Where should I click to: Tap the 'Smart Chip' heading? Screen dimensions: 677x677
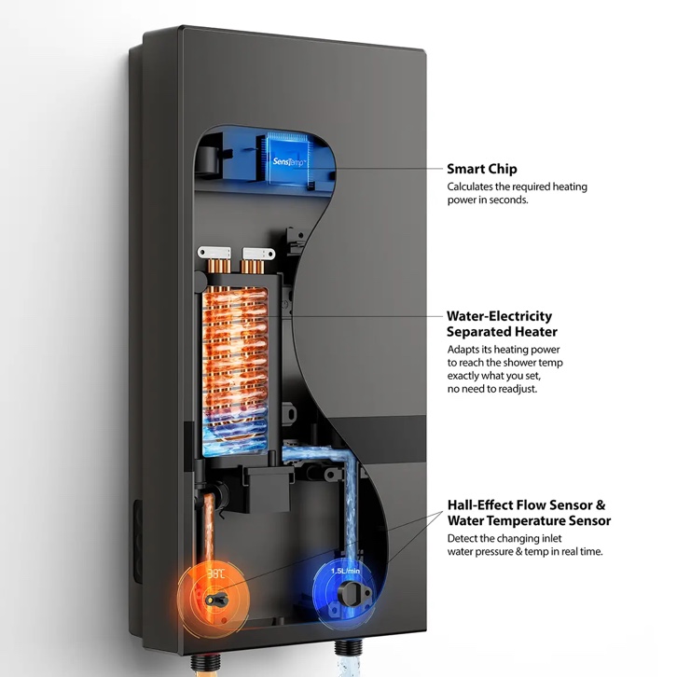click(482, 169)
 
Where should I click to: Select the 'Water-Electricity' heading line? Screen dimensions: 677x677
click(499, 316)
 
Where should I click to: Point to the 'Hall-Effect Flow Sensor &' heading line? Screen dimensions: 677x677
click(526, 504)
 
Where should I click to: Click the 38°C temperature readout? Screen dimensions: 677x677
click(216, 573)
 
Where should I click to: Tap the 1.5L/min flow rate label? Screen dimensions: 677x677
click(345, 571)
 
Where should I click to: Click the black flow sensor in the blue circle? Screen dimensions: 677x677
click(349, 595)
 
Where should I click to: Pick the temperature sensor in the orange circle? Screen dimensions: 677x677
click(216, 600)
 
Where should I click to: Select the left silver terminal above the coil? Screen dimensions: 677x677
click(214, 253)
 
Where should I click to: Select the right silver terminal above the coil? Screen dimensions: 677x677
click(258, 253)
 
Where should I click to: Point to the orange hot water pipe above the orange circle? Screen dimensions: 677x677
click(209, 528)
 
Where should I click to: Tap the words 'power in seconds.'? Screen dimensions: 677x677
click(488, 200)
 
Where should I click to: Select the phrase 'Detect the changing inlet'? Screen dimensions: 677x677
click(504, 538)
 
